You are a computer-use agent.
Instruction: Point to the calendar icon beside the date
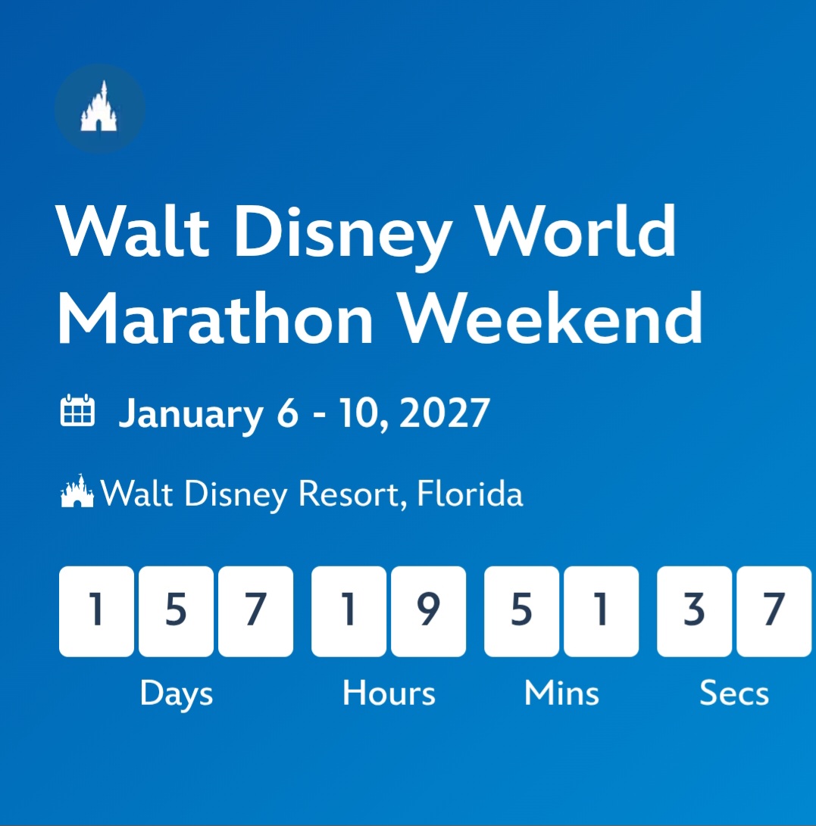[77, 410]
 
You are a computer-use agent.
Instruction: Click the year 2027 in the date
[445, 413]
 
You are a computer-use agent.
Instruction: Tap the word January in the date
[191, 416]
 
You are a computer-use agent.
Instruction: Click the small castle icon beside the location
[77, 491]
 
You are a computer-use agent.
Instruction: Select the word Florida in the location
[470, 494]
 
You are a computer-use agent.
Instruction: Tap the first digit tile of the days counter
[96, 612]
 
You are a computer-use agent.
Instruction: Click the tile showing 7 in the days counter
[255, 612]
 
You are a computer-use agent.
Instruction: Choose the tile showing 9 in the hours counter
[429, 612]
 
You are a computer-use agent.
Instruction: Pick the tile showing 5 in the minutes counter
[522, 612]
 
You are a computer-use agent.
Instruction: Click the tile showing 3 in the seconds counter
[694, 612]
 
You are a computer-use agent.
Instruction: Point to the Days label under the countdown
[177, 694]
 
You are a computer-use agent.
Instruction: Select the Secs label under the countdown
[734, 693]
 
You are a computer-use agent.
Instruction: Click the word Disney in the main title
[343, 236]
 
